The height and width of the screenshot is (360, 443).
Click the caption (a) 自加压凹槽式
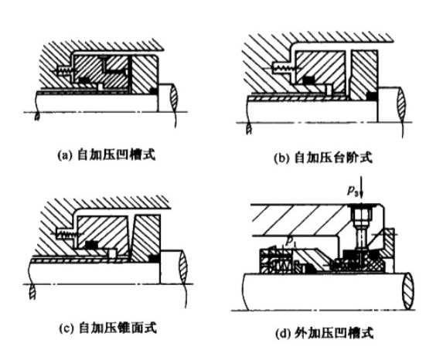coord(107,155)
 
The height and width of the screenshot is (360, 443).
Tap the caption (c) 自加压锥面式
coord(107,328)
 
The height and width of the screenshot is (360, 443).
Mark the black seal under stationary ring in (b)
coord(308,80)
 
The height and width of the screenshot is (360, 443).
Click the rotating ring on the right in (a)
coord(147,76)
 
